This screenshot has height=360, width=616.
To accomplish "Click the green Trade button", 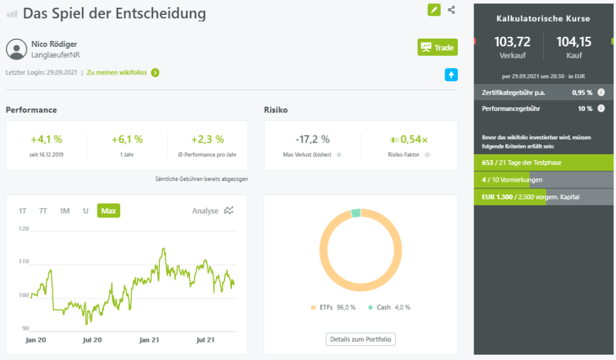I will [437, 47].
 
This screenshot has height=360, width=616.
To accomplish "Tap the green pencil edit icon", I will [434, 10].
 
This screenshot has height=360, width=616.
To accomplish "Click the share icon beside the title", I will [452, 10].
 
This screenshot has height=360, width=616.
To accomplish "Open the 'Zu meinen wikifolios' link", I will [123, 73].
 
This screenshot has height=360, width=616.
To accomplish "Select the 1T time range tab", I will [22, 211].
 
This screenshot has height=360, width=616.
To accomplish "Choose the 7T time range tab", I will [43, 211].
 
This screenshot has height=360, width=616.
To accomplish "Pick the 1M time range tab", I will [64, 211].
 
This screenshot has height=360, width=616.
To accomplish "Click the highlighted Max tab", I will [108, 211].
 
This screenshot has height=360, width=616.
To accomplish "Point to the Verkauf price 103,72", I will [512, 42].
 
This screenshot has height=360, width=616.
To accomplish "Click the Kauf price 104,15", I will [574, 42].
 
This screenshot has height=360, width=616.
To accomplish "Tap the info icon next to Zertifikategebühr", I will [601, 93].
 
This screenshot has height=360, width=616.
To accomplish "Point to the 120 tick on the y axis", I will [23, 229].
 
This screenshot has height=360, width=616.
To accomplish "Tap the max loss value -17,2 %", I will [312, 139].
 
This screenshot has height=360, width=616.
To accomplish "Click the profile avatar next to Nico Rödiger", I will [16, 49].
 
